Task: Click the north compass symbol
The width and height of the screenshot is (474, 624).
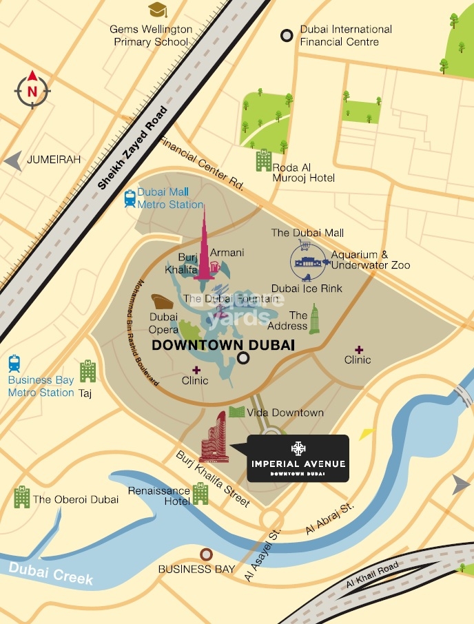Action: (x=32, y=90)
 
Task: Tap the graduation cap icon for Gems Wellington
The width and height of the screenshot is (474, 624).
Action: (x=158, y=10)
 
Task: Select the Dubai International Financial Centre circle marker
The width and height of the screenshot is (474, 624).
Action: (x=286, y=36)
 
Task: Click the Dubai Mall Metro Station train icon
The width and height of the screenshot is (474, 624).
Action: (x=130, y=198)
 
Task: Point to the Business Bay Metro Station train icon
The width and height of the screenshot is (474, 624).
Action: (x=14, y=364)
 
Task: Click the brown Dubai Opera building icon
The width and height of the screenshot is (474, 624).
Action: (x=164, y=302)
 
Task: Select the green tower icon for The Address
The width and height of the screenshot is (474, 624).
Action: (x=314, y=320)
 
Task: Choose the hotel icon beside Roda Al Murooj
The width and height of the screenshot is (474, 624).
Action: (x=263, y=160)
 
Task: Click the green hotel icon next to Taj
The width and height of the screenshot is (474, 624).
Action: (x=87, y=371)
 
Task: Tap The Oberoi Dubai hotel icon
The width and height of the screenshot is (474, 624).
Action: (x=22, y=497)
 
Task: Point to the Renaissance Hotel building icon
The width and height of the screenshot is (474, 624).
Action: (x=200, y=493)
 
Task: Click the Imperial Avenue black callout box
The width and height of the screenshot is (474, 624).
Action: (x=298, y=458)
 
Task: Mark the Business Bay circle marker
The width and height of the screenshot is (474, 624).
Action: (x=205, y=554)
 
